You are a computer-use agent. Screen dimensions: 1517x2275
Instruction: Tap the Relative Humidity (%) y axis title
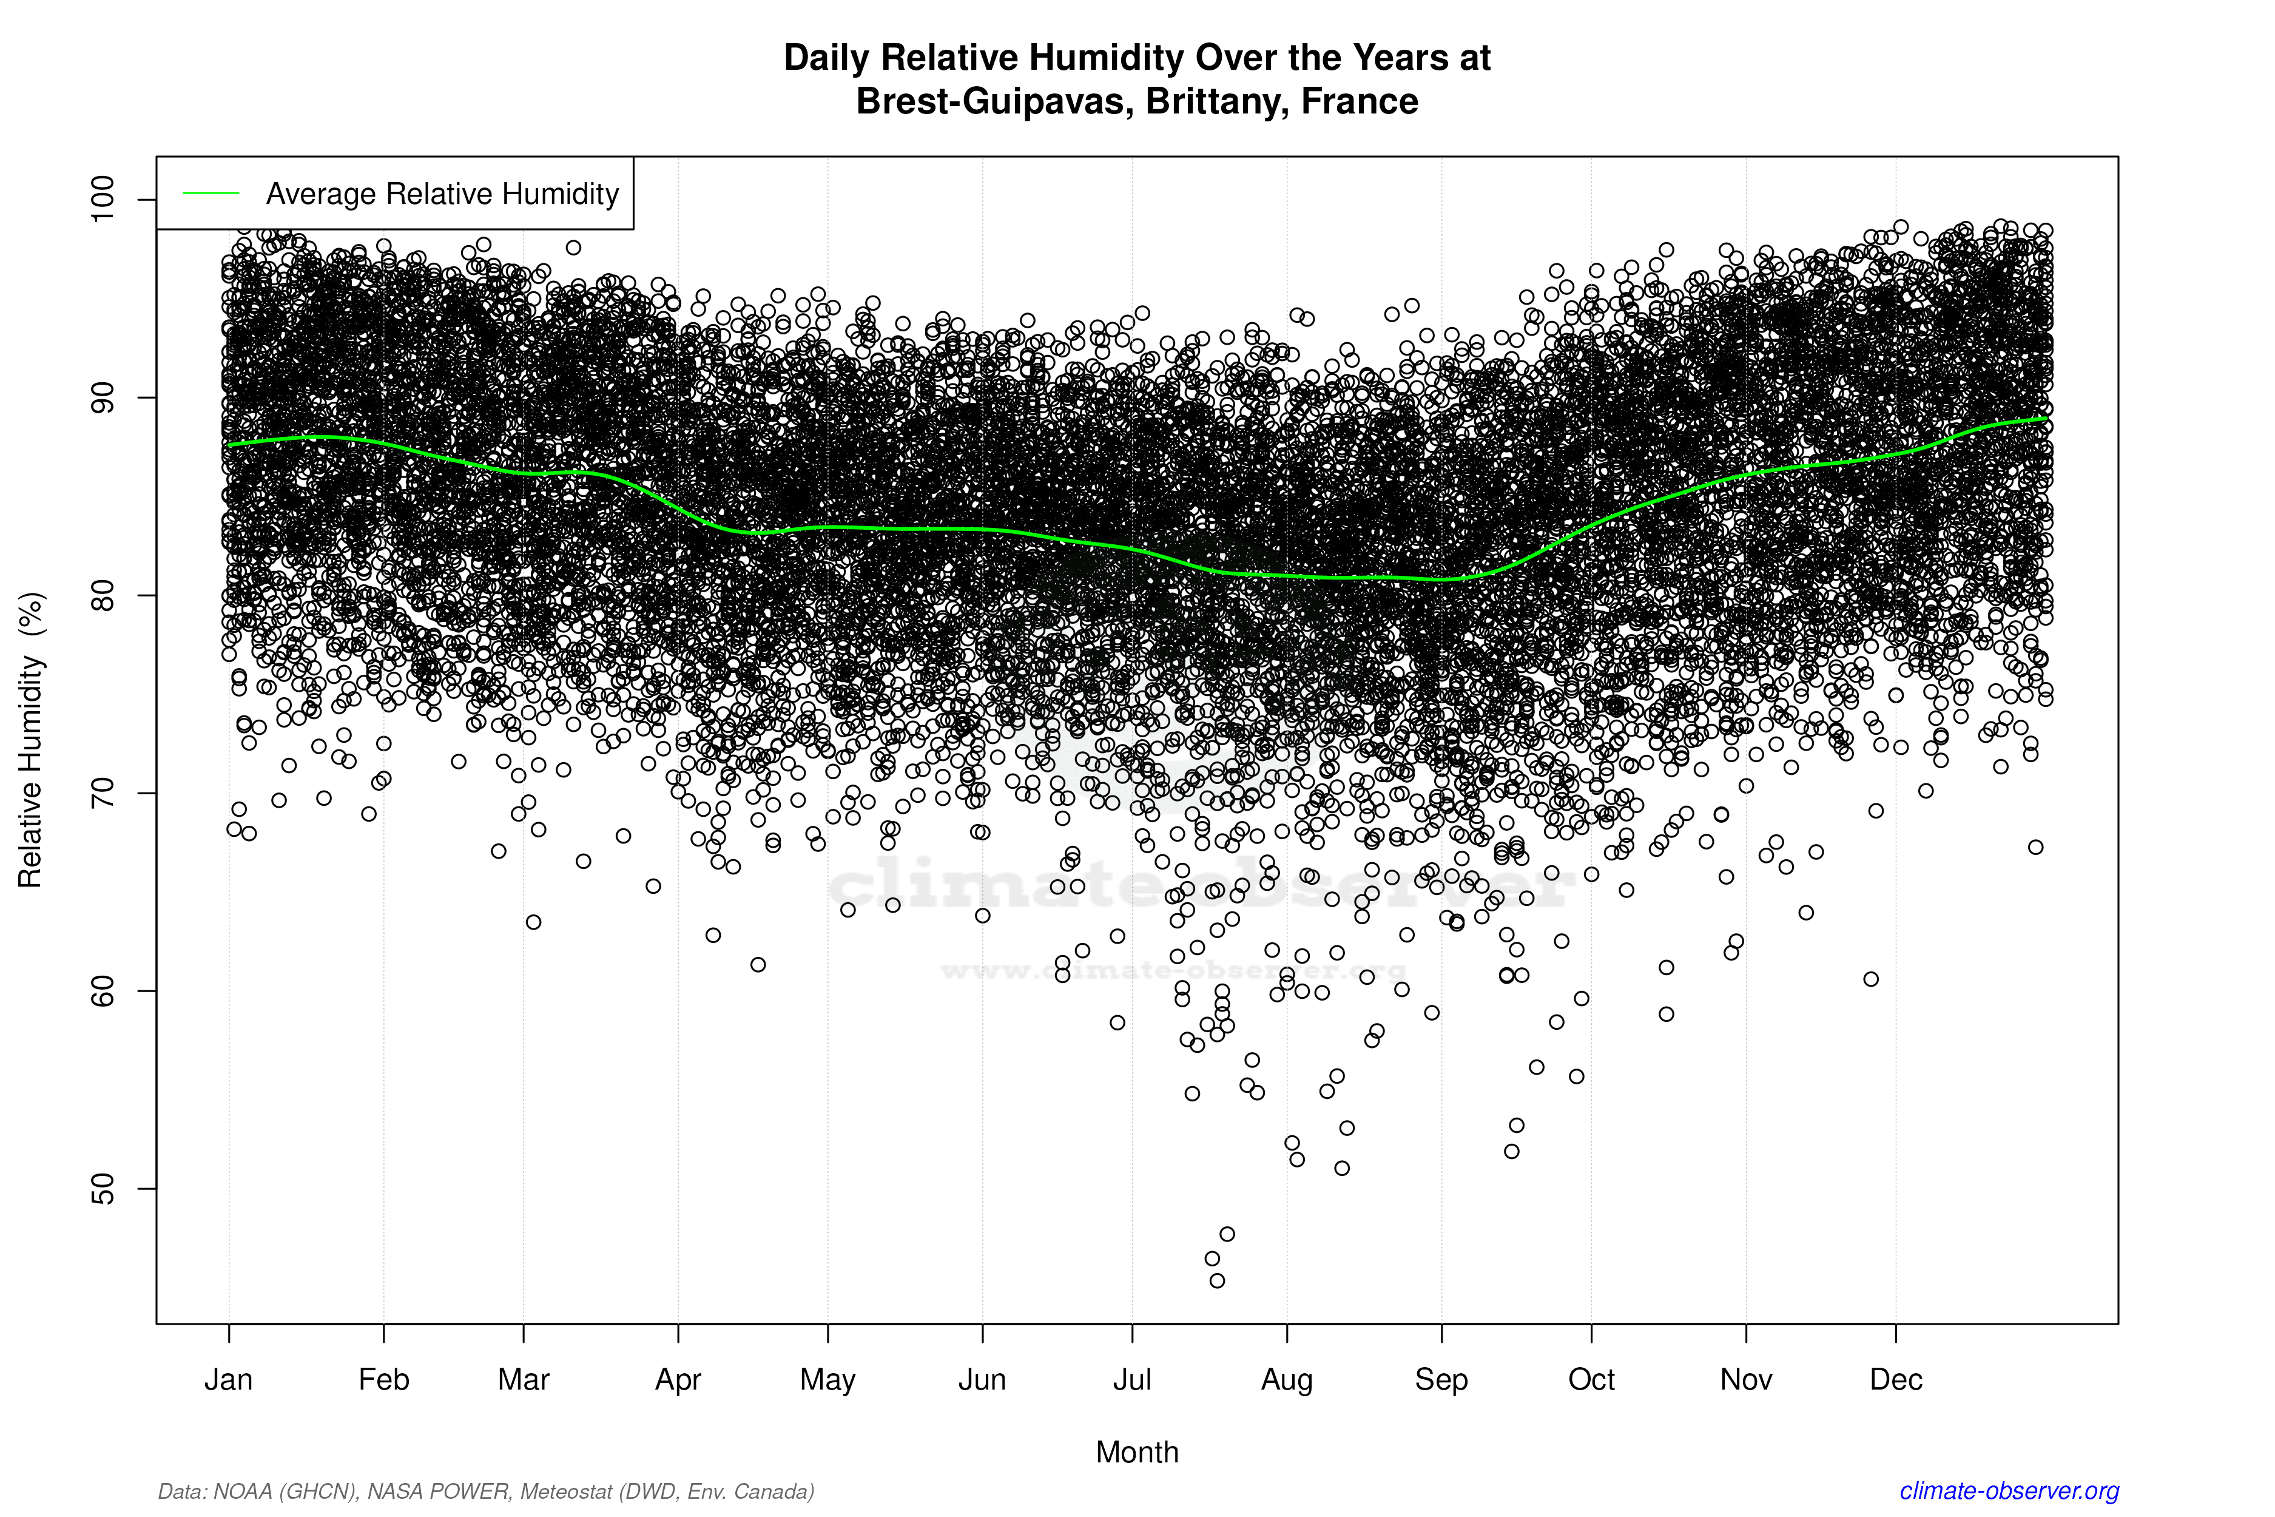point(31,740)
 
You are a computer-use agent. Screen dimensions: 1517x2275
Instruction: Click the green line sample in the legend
point(211,194)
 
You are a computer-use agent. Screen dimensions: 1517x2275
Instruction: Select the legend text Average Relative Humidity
point(442,194)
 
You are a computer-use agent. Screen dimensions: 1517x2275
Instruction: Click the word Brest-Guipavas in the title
point(994,101)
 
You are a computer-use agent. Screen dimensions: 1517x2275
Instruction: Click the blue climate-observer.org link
point(2009,1491)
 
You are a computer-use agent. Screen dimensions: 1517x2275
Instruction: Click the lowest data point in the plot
point(1217,1280)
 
